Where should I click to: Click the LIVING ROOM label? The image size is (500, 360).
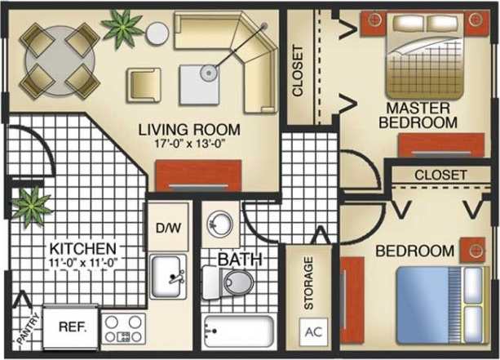pyautogui.click(x=188, y=129)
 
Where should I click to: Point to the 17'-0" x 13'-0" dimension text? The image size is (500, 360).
pyautogui.click(x=188, y=144)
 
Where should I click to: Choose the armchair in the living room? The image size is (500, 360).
pyautogui.click(x=143, y=82)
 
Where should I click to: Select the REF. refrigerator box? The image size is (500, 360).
pyautogui.click(x=70, y=323)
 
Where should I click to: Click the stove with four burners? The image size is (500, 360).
pyautogui.click(x=123, y=328)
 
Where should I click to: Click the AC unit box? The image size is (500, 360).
pyautogui.click(x=312, y=333)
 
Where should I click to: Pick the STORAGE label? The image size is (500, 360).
pyautogui.click(x=308, y=283)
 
